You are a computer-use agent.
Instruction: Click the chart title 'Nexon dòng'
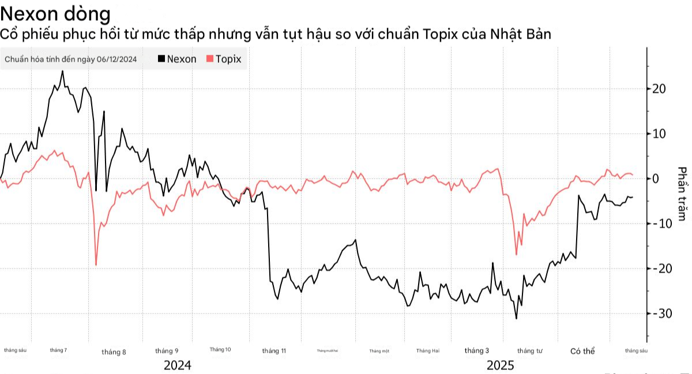point(56,13)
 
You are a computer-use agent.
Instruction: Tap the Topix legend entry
point(224,59)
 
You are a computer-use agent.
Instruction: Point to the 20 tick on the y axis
point(659,89)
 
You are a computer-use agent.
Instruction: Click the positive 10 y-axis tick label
point(659,134)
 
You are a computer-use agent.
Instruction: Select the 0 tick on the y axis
point(656,179)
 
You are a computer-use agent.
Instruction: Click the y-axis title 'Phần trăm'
point(682,194)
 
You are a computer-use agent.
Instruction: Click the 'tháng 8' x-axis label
point(114,352)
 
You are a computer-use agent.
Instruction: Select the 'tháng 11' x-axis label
point(274,351)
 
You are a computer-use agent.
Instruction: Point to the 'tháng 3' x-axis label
point(477,350)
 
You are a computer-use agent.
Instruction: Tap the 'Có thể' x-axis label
point(582,351)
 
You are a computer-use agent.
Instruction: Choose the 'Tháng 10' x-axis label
point(220,350)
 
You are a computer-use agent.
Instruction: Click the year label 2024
point(178,365)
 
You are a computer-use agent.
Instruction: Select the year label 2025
point(500,365)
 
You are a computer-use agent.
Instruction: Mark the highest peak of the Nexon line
point(62,71)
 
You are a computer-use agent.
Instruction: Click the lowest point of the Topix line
point(96,265)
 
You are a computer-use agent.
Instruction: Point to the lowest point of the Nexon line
point(516,318)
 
